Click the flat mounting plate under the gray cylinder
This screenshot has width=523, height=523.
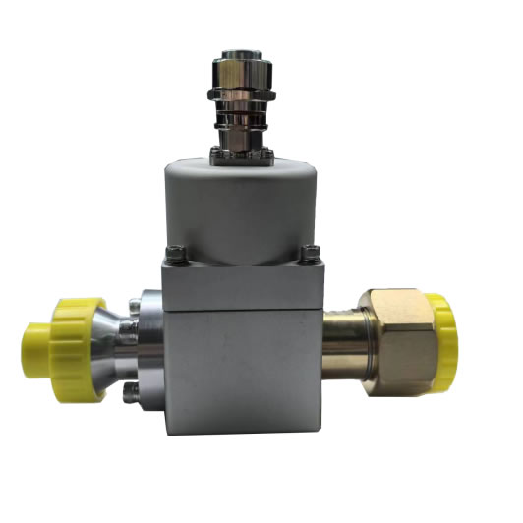click(x=241, y=285)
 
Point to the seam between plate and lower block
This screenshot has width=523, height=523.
click(x=241, y=308)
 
